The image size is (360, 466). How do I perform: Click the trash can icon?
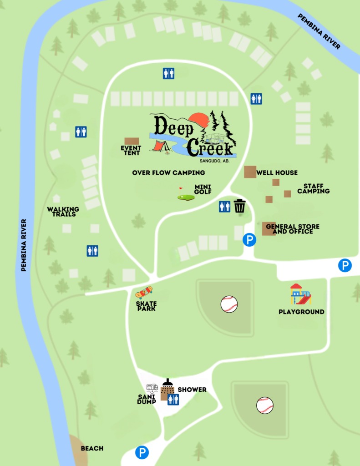[x=240, y=206]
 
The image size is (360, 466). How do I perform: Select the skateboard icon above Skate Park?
[x=144, y=292]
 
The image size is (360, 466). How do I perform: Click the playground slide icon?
[x=301, y=294]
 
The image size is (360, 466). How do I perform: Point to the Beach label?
[x=92, y=448]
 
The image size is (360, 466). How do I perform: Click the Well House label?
[x=277, y=172]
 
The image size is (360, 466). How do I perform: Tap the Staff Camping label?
[x=313, y=189]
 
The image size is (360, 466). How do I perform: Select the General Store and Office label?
[x=293, y=229]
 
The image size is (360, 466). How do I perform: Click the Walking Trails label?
[x=63, y=212]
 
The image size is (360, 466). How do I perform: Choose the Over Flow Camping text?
[x=168, y=172]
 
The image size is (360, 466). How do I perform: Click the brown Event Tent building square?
[x=132, y=141]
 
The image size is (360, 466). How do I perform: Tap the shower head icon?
[x=167, y=383]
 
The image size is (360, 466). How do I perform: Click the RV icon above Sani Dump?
[x=152, y=388]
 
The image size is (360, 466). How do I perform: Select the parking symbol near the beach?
[x=142, y=452]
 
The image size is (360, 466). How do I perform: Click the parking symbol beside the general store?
[x=249, y=240]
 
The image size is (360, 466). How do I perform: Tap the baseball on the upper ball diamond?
[x=229, y=304]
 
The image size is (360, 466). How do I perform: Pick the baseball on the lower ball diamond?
[x=264, y=405]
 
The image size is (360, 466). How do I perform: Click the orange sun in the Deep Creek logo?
[x=199, y=120]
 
